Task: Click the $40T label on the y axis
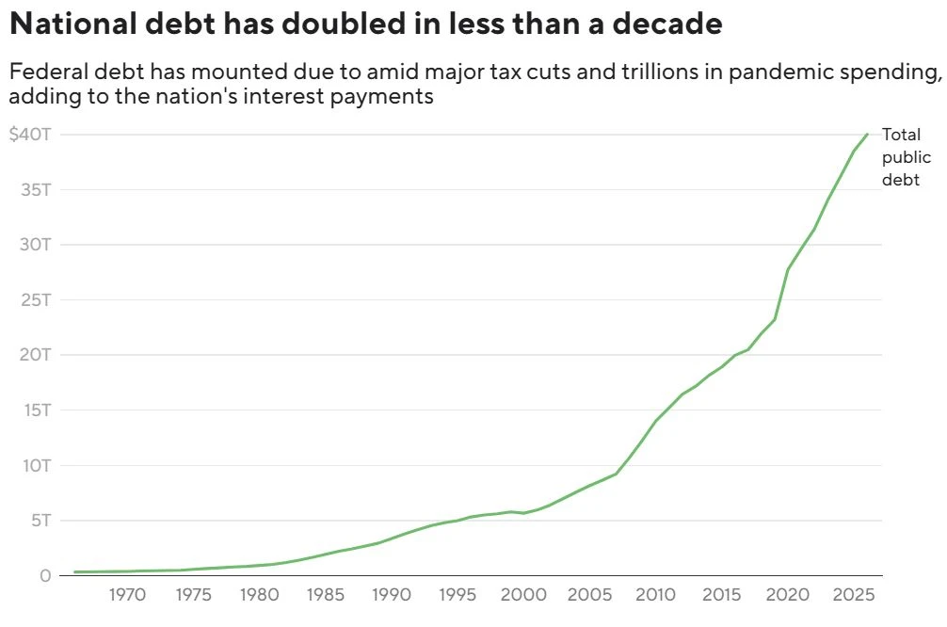pos(30,134)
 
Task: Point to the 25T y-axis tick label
pos(36,299)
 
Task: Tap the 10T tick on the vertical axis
pos(37,466)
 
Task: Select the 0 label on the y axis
pos(45,575)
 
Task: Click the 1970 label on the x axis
pos(127,595)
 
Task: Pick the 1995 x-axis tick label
pos(457,595)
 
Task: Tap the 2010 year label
pos(655,595)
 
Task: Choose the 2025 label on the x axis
pos(854,595)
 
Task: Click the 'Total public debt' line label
pos(906,157)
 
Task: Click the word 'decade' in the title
pos(666,24)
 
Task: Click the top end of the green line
pos(867,134)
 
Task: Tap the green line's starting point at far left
pos(75,571)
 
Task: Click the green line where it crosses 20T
pos(735,355)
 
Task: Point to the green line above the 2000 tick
pos(523,513)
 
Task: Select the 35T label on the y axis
pos(36,189)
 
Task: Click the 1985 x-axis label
pos(326,595)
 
